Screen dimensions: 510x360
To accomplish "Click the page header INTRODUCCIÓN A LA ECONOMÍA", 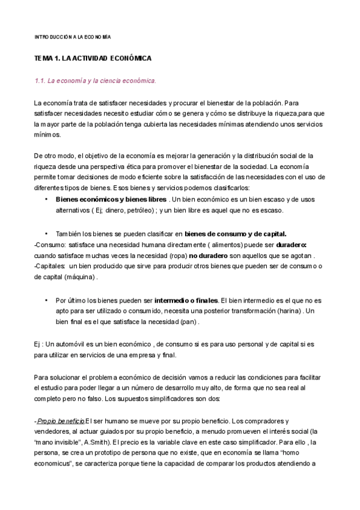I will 72,37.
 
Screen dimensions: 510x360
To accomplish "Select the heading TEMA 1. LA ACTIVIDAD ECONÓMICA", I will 93,58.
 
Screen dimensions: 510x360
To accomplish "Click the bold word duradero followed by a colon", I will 291,245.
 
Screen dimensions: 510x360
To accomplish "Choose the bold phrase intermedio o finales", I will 186,300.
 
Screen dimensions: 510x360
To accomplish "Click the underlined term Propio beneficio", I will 61,420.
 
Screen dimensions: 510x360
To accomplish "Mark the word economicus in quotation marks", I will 55,464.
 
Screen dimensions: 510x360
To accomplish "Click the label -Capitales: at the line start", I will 50,266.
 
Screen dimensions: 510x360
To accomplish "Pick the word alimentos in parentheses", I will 215,245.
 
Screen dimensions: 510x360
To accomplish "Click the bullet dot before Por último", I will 46,300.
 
